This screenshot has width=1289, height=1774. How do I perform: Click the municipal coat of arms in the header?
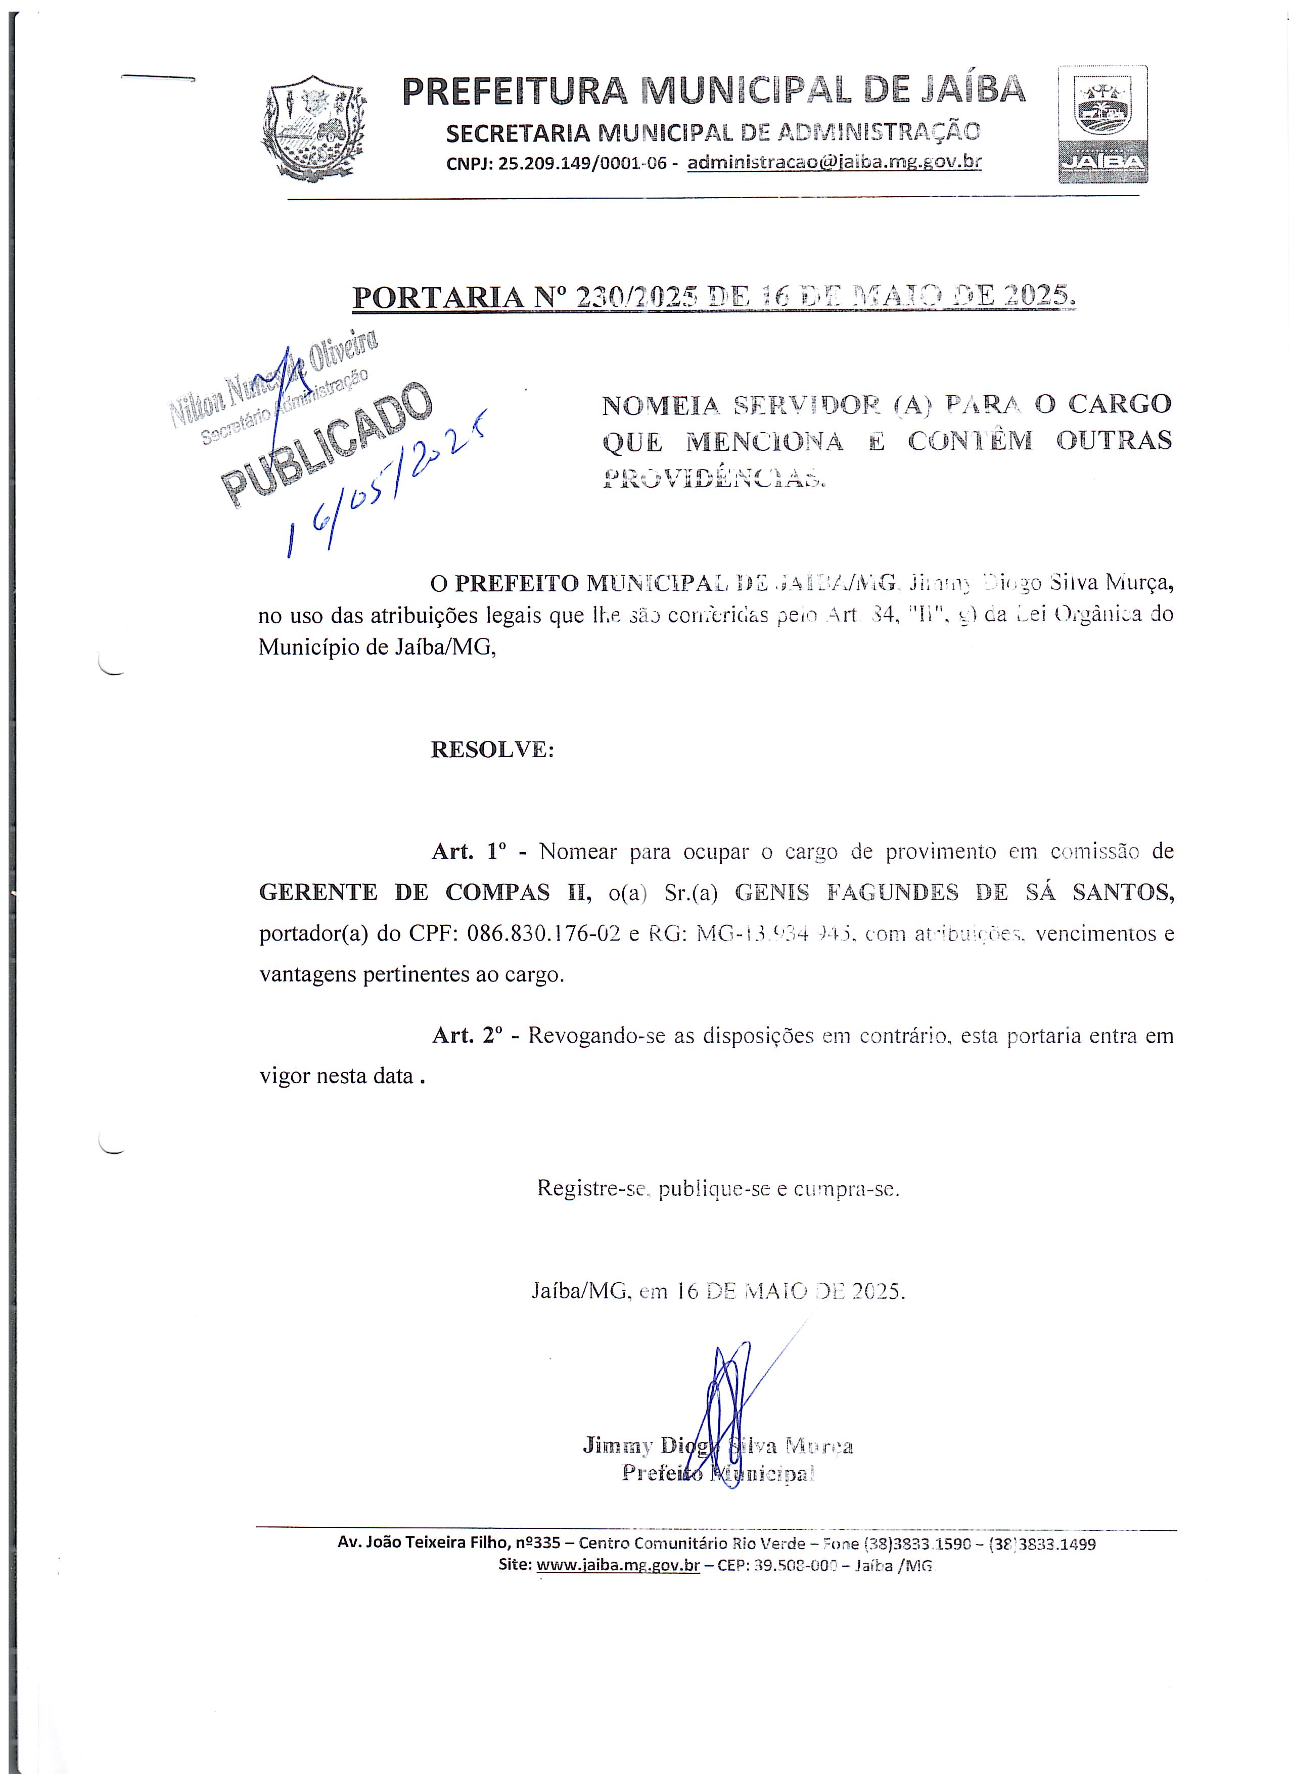pyautogui.click(x=313, y=129)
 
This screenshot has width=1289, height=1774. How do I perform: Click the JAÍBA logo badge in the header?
pyautogui.click(x=1103, y=124)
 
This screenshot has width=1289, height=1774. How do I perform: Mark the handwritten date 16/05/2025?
pyautogui.click(x=383, y=485)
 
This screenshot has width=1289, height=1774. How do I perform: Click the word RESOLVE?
pyautogui.click(x=492, y=750)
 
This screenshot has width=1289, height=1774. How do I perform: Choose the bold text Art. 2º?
pyautogui.click(x=466, y=1036)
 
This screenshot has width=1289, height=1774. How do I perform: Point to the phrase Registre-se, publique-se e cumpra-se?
pyautogui.click(x=718, y=1189)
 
